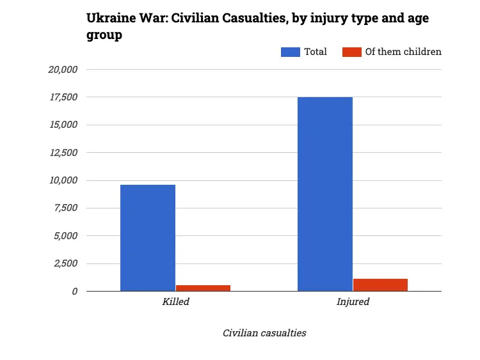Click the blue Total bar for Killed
coord(148,238)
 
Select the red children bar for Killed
coord(203,288)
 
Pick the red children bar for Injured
coord(380,285)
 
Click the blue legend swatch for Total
coord(291,52)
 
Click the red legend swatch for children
coord(352,52)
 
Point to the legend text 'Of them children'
coord(403,52)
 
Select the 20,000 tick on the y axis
coord(63,70)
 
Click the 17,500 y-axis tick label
coord(63,97)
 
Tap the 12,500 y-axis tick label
coord(63,153)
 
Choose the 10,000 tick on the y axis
coord(63,180)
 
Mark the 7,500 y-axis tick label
coord(65,208)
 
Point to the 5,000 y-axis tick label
coord(65,236)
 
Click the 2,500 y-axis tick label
coord(65,263)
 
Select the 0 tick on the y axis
coord(75,291)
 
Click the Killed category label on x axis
coord(175,302)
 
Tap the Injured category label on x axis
coord(353,302)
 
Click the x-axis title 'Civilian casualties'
coord(264,333)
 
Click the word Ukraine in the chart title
coord(109,19)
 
